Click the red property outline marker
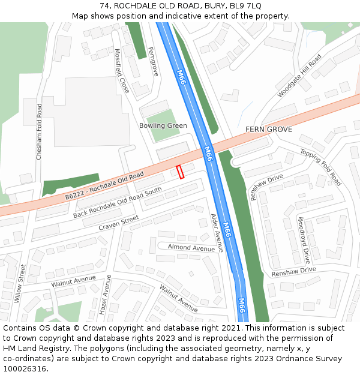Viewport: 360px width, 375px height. (x=180, y=172)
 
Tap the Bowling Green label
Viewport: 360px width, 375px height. (x=163, y=125)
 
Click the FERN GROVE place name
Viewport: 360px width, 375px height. (x=268, y=130)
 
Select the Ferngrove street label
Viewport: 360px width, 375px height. (x=154, y=61)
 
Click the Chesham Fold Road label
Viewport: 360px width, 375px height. (x=39, y=131)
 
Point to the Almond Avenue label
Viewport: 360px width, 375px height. (x=191, y=248)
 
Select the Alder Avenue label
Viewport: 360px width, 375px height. (x=217, y=233)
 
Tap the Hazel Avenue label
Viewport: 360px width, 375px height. (x=106, y=295)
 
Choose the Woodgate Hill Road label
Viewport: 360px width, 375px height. (x=299, y=76)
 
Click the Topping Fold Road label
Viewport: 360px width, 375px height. (x=320, y=167)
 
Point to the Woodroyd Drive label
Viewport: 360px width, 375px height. (x=304, y=241)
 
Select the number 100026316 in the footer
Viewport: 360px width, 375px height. (x=25, y=368)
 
